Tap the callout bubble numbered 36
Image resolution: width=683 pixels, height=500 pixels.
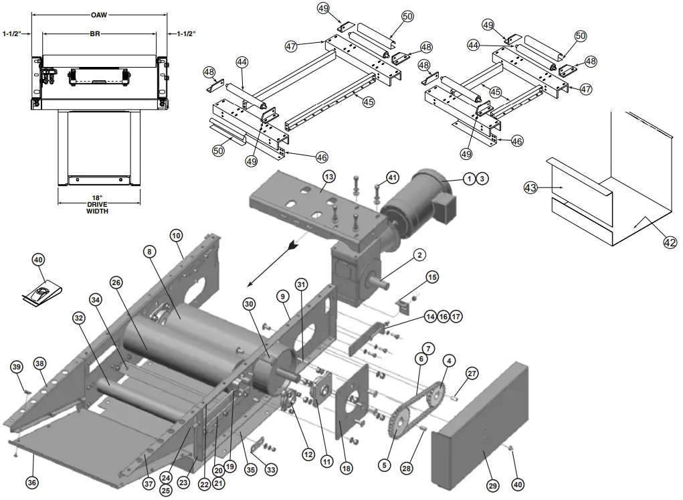(x=31, y=482)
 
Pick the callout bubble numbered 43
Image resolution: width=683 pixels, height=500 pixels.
(x=530, y=188)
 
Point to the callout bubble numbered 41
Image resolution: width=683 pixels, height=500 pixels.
(x=393, y=177)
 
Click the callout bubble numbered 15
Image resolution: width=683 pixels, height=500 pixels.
(x=432, y=276)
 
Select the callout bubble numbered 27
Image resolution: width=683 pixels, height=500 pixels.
(x=472, y=374)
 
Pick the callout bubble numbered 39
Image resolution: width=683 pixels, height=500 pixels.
(x=16, y=366)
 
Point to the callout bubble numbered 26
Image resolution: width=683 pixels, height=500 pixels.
(x=116, y=282)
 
